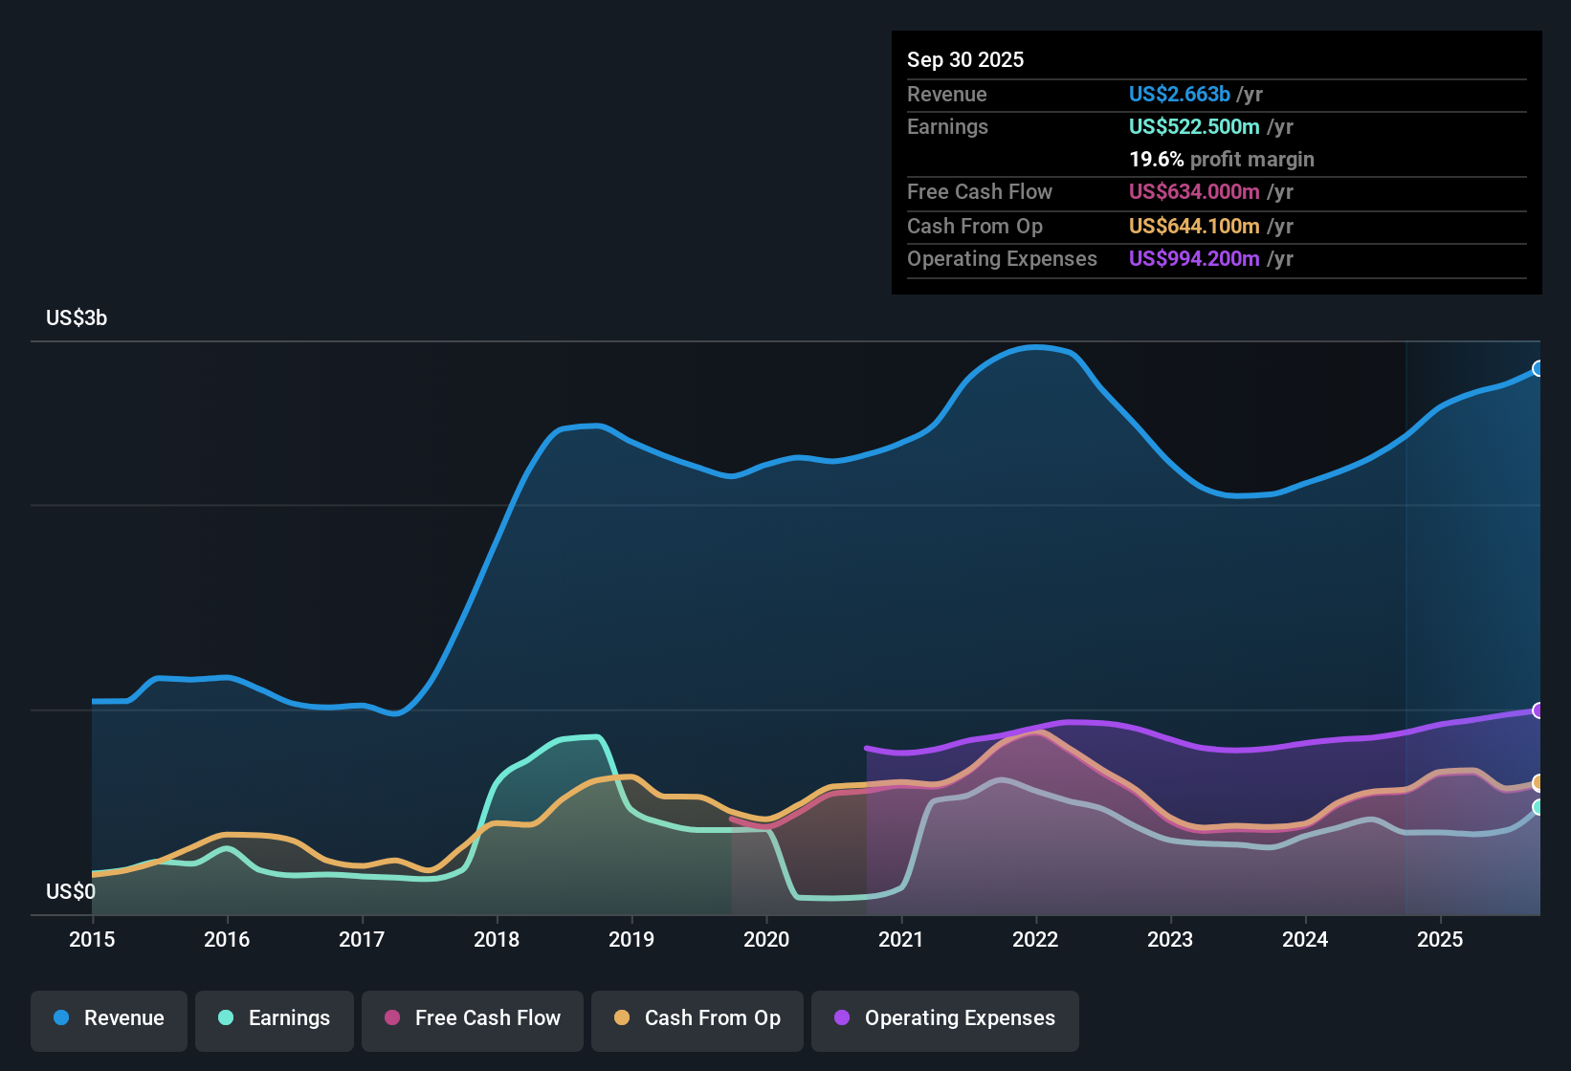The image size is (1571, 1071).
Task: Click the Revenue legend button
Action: (109, 1018)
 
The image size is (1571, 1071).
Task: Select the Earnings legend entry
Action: (275, 1018)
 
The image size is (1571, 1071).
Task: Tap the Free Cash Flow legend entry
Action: (473, 1018)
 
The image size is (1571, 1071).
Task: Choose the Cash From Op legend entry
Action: (697, 1018)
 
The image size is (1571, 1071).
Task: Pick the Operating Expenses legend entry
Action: (945, 1018)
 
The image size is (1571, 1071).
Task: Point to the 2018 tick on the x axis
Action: (497, 940)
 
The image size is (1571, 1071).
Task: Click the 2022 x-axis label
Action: (1035, 940)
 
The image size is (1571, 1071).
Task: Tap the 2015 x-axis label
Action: (92, 940)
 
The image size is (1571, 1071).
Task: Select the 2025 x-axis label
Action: (1440, 940)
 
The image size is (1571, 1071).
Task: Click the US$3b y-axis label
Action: (77, 318)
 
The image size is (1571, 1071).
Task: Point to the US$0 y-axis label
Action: (71, 892)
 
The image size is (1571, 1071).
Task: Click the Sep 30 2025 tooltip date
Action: (965, 60)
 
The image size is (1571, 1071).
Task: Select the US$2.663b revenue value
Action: (1180, 95)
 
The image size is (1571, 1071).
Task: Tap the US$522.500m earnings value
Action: (1194, 127)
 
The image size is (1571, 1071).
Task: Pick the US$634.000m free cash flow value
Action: (1194, 192)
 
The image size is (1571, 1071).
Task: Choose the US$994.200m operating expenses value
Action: (1194, 259)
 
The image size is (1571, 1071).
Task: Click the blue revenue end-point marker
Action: (1538, 369)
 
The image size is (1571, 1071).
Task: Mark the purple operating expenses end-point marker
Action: (1538, 710)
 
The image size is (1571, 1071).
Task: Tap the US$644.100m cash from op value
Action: (1194, 227)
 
